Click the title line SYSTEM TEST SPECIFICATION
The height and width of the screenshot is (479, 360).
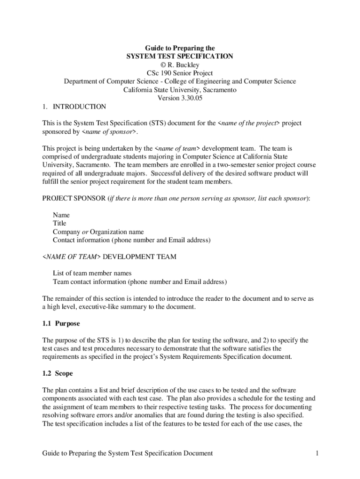180,56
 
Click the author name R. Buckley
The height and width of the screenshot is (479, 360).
183,65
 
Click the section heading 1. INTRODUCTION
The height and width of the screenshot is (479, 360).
74,107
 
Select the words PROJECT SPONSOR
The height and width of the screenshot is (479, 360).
74,198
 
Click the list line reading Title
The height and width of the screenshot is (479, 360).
60,224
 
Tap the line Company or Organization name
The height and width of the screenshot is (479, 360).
98,232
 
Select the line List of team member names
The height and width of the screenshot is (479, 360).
92,273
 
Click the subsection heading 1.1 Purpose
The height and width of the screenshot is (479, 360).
61,324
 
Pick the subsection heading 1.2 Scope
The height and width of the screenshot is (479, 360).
58,374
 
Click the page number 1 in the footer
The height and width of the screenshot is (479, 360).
317,453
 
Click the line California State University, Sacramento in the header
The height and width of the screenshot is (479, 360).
180,90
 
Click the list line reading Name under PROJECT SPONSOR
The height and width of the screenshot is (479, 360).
61,215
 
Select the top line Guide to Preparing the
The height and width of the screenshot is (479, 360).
180,48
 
